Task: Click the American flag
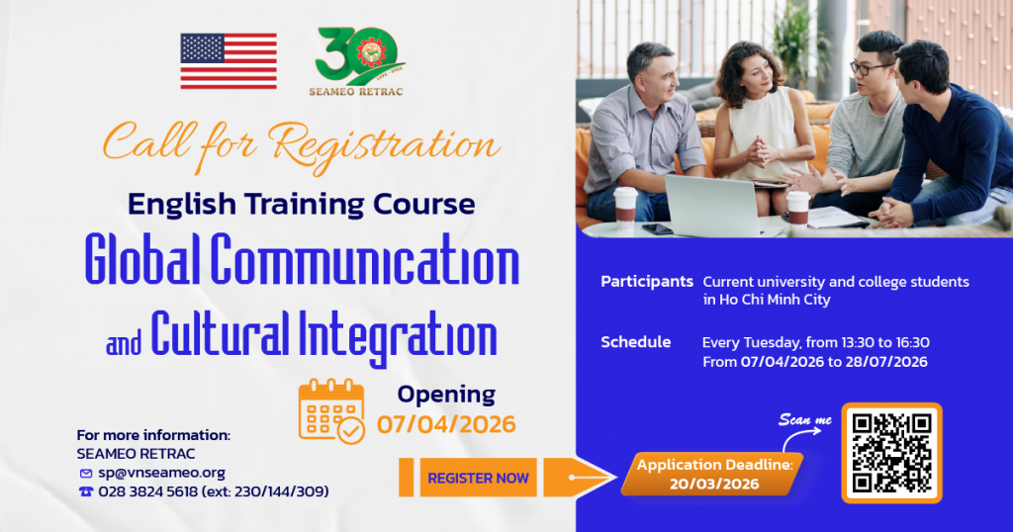(229, 61)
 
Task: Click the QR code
(891, 453)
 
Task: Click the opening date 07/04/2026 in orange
(446, 424)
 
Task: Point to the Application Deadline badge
(713, 474)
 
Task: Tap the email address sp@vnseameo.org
(161, 473)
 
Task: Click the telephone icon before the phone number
(86, 492)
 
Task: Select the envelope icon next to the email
(86, 474)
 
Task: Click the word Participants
(647, 282)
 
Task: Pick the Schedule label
(636, 342)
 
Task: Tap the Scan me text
(805, 419)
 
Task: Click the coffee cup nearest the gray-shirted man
(625, 208)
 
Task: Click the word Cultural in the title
(220, 334)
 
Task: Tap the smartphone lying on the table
(657, 229)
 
